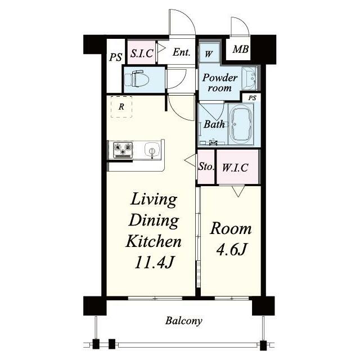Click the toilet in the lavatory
point(136,79)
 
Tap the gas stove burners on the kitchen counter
point(123,150)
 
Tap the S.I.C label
point(142,53)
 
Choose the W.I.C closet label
point(235,168)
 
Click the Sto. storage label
point(206,166)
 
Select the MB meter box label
point(240,49)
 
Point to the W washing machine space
point(209,54)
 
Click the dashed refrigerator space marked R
point(121,107)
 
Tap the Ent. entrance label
point(181,52)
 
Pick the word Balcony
point(184,321)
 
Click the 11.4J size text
point(153,262)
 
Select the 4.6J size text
point(231,249)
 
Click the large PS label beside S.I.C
point(115,57)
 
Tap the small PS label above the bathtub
point(252,98)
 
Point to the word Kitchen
point(154,241)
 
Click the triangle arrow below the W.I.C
point(238,191)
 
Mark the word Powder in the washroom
point(220,78)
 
